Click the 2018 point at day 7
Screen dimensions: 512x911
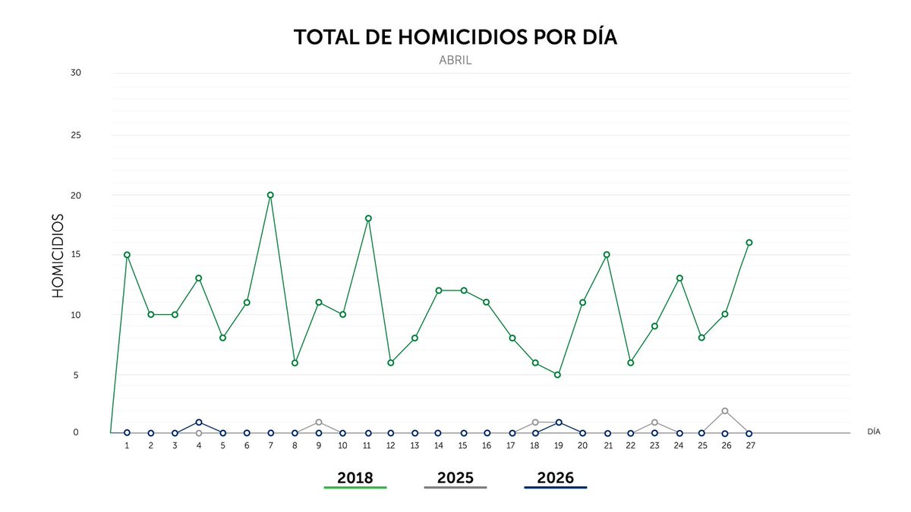[x=270, y=195]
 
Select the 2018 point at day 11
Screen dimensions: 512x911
[x=367, y=218]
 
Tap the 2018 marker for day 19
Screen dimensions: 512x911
[x=558, y=375]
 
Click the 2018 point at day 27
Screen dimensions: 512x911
[x=749, y=243]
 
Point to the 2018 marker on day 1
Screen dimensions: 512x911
[x=127, y=255]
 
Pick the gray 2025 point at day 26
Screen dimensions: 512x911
[x=725, y=410]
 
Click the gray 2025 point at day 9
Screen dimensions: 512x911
[x=319, y=422]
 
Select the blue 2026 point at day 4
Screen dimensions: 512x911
[x=199, y=422]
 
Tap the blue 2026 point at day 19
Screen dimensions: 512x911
[x=559, y=422]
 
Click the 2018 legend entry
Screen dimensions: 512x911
[x=355, y=478]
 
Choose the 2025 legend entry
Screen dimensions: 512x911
[x=455, y=478]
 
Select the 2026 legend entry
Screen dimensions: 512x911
[x=556, y=478]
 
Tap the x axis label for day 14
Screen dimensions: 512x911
[x=438, y=446]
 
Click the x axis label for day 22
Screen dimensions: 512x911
[x=630, y=446]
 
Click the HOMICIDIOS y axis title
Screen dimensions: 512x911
[x=58, y=255]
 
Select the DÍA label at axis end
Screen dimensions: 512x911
[x=874, y=431]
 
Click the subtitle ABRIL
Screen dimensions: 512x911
[x=455, y=60]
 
